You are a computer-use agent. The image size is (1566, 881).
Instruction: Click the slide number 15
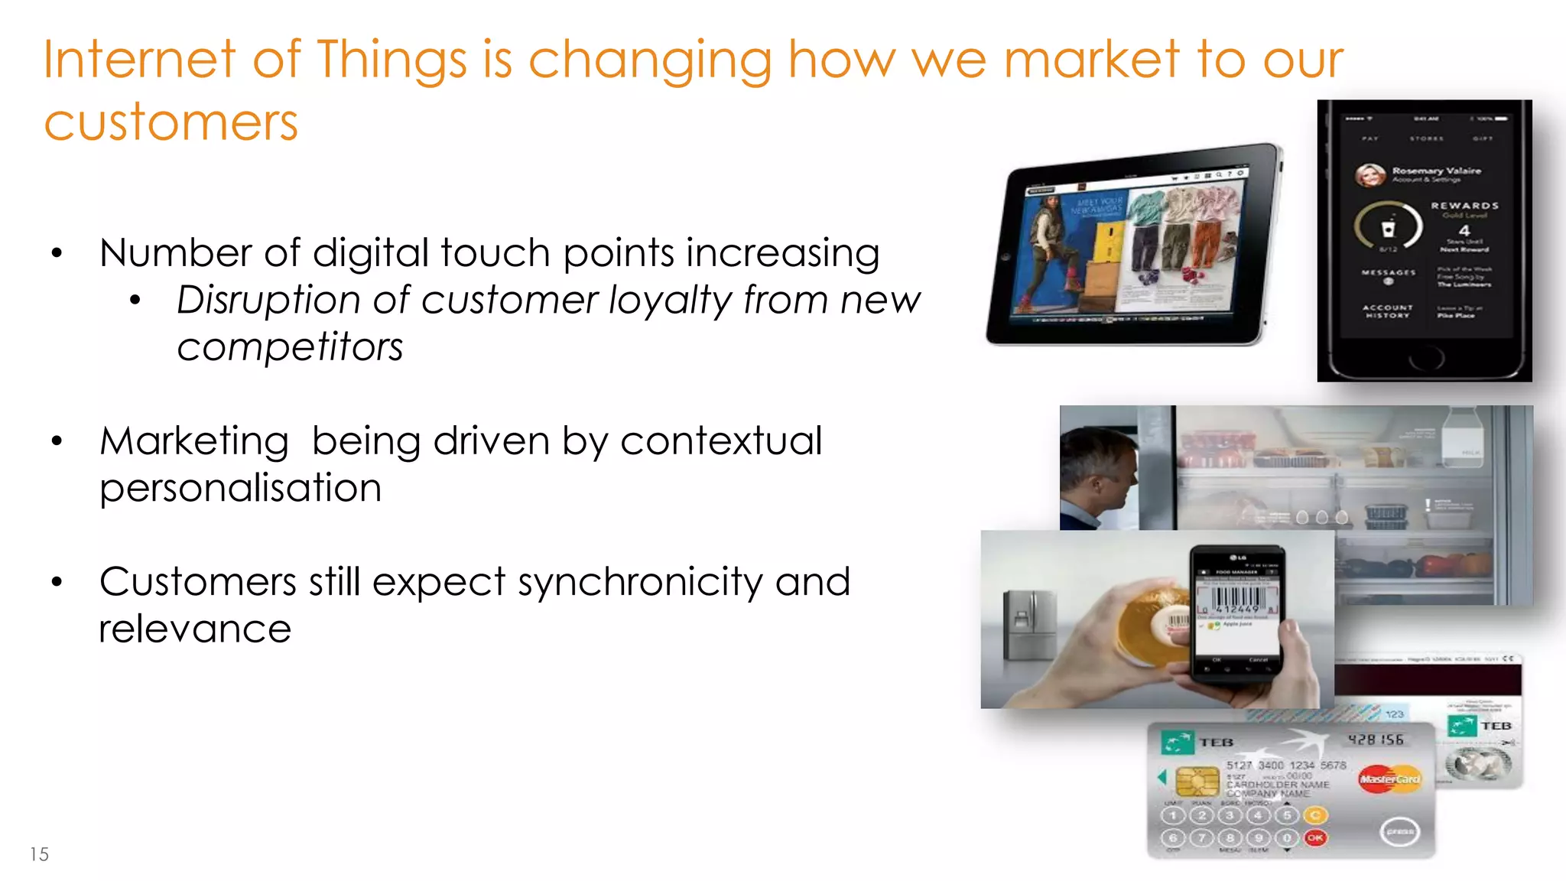(x=39, y=854)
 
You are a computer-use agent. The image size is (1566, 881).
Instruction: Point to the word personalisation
(x=240, y=489)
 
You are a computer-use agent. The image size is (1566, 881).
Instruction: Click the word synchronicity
(x=640, y=583)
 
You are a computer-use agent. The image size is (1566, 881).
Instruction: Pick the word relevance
(x=195, y=629)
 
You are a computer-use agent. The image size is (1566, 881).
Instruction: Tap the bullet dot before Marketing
(x=57, y=441)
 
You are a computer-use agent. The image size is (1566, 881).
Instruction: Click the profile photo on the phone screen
(x=1369, y=175)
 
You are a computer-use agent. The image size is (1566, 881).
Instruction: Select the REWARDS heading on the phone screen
(x=1464, y=206)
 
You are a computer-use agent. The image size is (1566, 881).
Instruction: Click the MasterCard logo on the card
(x=1389, y=779)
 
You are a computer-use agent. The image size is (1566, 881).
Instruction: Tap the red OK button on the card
(x=1315, y=838)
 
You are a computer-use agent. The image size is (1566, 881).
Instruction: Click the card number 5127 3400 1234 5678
(x=1286, y=765)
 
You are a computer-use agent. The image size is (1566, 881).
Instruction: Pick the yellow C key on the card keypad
(x=1315, y=815)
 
